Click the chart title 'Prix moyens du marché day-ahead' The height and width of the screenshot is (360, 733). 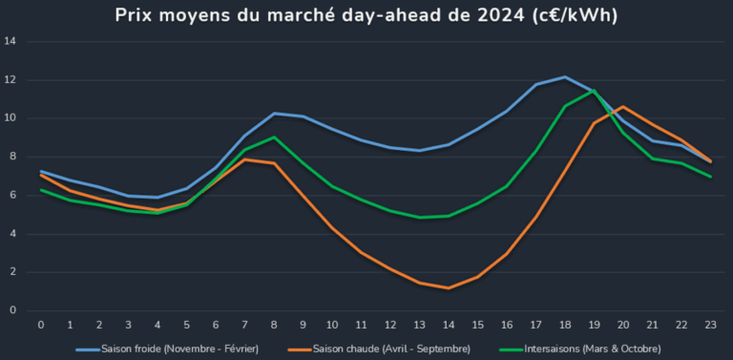coord(366,15)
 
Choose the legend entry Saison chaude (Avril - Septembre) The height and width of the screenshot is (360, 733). coord(392,349)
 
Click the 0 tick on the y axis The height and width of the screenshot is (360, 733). coord(12,310)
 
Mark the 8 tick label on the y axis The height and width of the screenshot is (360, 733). coord(12,157)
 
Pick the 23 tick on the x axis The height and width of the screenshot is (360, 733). coord(710,325)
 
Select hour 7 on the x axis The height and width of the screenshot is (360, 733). coord(245,325)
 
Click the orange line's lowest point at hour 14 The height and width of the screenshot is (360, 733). coord(449,287)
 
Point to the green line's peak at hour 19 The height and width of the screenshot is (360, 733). coord(594,91)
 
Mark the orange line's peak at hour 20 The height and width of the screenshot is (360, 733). coord(622,107)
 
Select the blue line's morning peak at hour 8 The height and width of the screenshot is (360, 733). coord(274,114)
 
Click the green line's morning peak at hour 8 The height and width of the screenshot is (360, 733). coord(274,138)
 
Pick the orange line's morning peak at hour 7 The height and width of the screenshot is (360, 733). coord(245,159)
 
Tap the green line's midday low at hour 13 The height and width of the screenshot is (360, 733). coord(419,217)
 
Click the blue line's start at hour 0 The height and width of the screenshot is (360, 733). coord(41,171)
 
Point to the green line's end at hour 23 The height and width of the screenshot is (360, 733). coord(710,176)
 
